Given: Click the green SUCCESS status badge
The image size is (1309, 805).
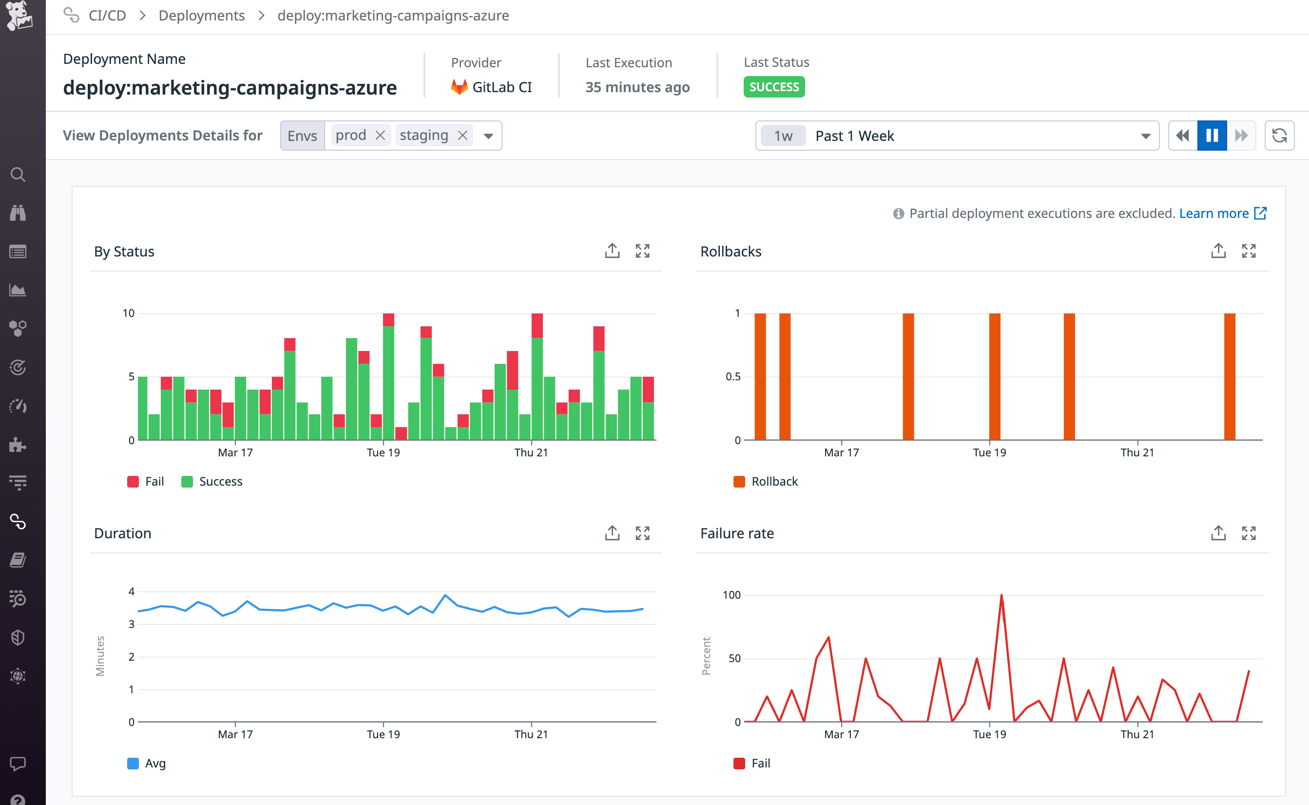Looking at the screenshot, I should point(774,87).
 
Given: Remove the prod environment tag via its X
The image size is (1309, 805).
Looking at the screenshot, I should point(380,135).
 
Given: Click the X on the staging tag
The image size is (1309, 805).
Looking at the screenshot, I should point(462,135).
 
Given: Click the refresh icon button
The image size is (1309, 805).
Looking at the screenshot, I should point(1279,135).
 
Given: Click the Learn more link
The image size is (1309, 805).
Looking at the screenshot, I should point(1214,213).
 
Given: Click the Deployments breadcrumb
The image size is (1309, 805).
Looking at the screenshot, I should point(202,16).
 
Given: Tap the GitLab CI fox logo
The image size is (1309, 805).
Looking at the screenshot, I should point(459,87).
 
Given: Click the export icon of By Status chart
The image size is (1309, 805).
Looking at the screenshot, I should point(612,251).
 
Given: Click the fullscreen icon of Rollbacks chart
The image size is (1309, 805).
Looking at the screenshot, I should point(1249,251).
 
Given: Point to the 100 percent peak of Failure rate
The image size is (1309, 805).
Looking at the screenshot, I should point(1001,595).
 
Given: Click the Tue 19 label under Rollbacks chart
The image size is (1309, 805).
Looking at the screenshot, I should point(989,452).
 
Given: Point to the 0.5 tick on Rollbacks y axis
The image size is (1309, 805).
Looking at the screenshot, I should point(733,376).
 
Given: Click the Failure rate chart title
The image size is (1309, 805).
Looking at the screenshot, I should point(736,533).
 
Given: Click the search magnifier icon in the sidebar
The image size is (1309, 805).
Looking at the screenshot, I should point(18,175).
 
